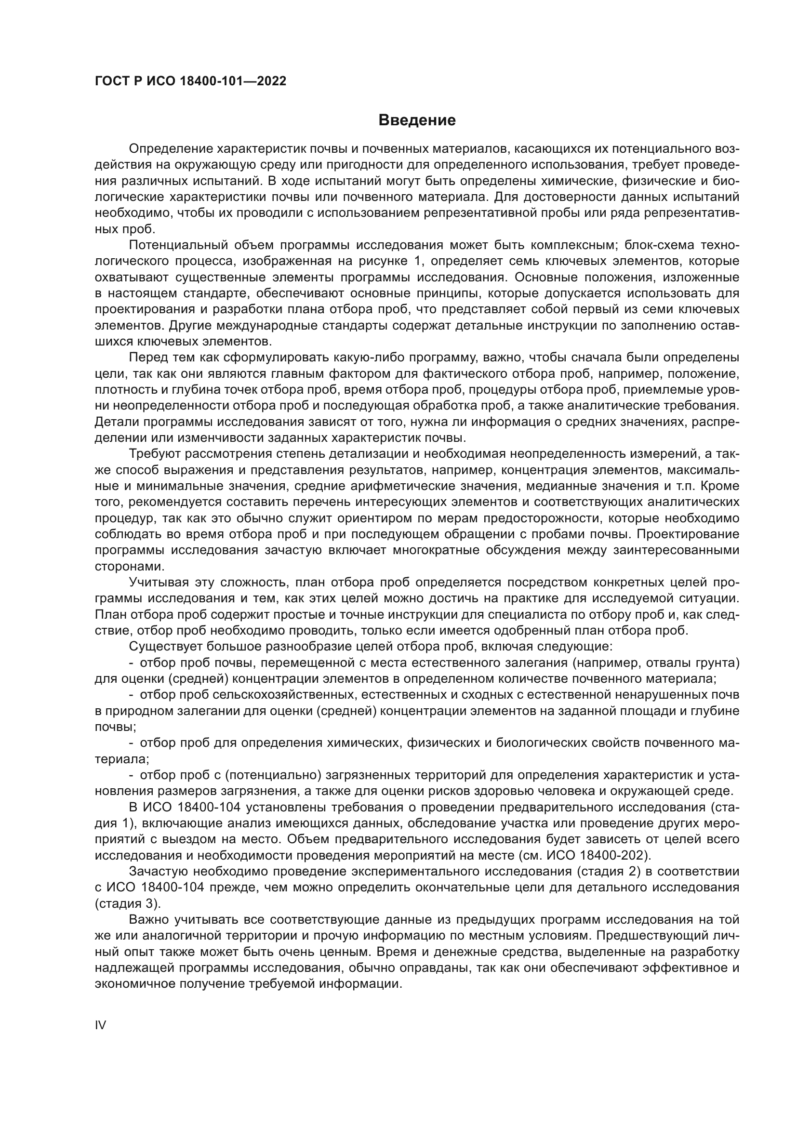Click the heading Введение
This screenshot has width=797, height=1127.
click(417, 120)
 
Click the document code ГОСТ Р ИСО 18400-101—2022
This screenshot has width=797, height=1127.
click(190, 81)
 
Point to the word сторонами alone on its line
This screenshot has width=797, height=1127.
click(128, 567)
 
